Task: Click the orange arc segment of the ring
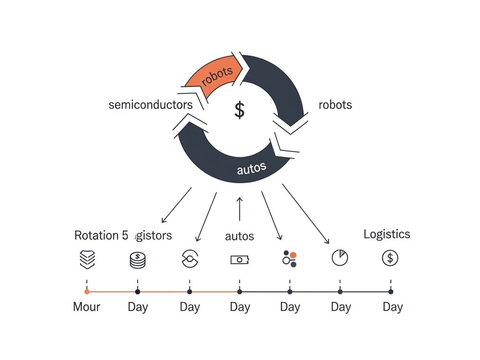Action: pyautogui.click(x=213, y=78)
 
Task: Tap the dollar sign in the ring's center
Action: pyautogui.click(x=239, y=110)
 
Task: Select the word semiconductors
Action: pyautogui.click(x=151, y=105)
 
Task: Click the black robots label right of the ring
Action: pyautogui.click(x=335, y=105)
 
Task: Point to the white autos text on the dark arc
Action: pyautogui.click(x=251, y=168)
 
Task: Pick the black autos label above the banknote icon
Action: pyautogui.click(x=239, y=236)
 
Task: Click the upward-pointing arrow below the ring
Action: pyautogui.click(x=240, y=209)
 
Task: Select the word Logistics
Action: pyautogui.click(x=387, y=234)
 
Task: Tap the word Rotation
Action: pyautogui.click(x=96, y=235)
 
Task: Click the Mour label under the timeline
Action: pyautogui.click(x=86, y=307)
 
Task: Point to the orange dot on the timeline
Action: pyautogui.click(x=87, y=292)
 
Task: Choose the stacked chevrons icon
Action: pyautogui.click(x=87, y=259)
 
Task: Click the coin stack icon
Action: pyautogui.click(x=137, y=260)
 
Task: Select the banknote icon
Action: pyautogui.click(x=240, y=260)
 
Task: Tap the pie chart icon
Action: pyautogui.click(x=340, y=258)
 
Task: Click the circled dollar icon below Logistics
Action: pyautogui.click(x=390, y=258)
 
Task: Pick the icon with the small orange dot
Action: pyautogui.click(x=290, y=259)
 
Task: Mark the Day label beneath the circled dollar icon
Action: pyautogui.click(x=392, y=307)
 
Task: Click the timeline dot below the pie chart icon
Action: pyautogui.click(x=340, y=292)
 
